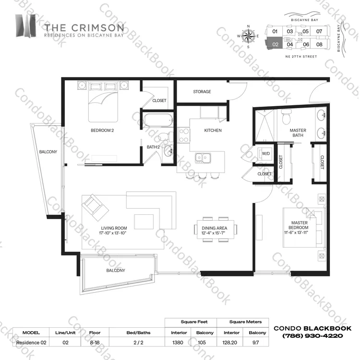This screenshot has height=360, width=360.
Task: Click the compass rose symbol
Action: pyautogui.click(x=248, y=37)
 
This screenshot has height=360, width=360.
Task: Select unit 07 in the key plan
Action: pyautogui.click(x=319, y=31)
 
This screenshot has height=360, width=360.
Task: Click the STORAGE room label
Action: pyautogui.click(x=202, y=91)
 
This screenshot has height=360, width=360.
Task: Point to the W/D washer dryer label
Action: pyautogui.click(x=266, y=153)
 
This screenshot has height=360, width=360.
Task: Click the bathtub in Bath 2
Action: pyautogui.click(x=158, y=120)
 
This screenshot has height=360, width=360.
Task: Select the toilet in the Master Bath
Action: pyautogui.click(x=286, y=117)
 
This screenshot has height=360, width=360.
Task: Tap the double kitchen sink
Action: pyautogui.click(x=203, y=158)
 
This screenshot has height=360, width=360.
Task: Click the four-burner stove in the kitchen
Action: pyautogui.click(x=184, y=135)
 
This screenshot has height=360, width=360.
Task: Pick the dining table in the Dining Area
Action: pyautogui.click(x=216, y=229)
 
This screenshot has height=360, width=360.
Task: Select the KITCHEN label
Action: pyautogui.click(x=213, y=130)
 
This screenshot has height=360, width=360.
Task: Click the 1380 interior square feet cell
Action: pyautogui.click(x=178, y=343)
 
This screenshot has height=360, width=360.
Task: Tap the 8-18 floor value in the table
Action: pyautogui.click(x=95, y=343)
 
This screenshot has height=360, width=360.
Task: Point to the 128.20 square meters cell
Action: pyautogui.click(x=229, y=343)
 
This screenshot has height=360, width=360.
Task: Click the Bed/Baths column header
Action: pyautogui.click(x=138, y=333)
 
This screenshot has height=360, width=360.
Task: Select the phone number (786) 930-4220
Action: pyautogui.click(x=312, y=336)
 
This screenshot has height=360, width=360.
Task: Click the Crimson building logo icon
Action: pyautogui.click(x=26, y=25)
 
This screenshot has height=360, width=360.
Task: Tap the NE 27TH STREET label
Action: pyautogui.click(x=301, y=56)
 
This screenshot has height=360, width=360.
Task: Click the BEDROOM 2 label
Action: pyautogui.click(x=102, y=130)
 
